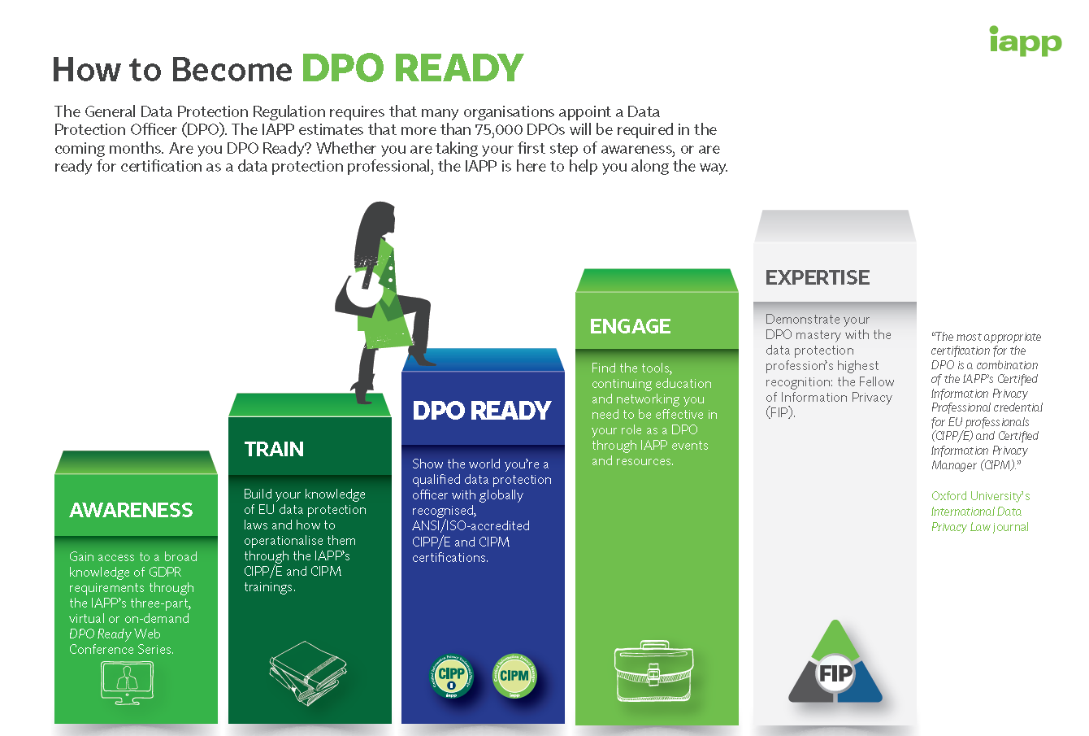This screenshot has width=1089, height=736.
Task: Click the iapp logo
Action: [1026, 41]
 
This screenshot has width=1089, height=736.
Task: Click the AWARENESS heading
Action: [131, 510]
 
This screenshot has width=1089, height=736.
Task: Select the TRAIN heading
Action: [274, 450]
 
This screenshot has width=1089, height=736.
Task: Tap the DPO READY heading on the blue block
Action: [481, 411]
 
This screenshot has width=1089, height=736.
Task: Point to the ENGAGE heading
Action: [630, 326]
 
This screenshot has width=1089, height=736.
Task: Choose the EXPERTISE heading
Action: [818, 278]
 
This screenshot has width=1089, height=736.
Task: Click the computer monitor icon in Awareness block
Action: [127, 682]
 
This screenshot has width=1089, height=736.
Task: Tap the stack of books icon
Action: [308, 673]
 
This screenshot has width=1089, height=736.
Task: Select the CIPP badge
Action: [451, 676]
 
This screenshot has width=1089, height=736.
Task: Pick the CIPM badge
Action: [514, 676]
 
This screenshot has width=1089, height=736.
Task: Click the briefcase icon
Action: [654, 671]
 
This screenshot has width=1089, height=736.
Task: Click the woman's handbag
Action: [358, 294]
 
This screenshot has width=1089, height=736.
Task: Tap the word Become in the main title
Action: [231, 70]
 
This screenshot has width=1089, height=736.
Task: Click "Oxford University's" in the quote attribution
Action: [980, 496]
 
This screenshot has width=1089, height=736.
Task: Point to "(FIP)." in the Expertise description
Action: [780, 413]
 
